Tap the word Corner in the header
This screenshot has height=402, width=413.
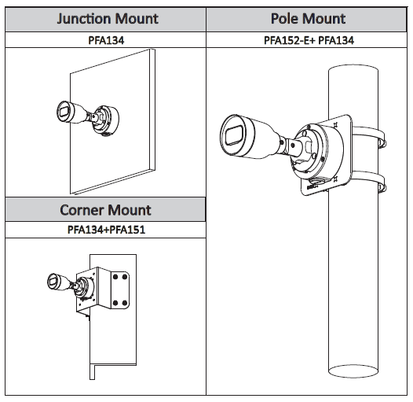(82, 210)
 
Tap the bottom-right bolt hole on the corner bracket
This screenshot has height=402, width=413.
(126, 301)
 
